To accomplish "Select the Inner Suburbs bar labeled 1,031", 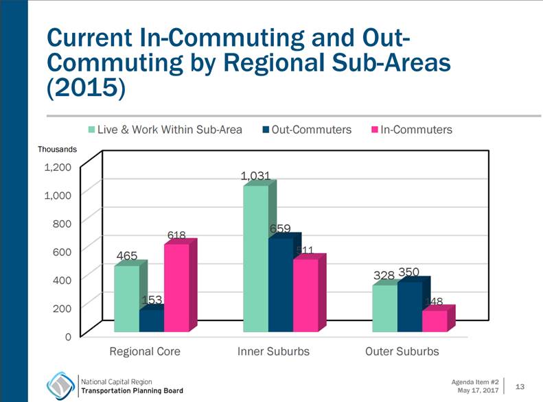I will coord(255,257).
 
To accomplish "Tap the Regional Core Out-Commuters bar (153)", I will coord(151,321).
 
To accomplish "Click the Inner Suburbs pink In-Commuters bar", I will coord(305,295).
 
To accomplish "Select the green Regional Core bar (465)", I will coord(126,298).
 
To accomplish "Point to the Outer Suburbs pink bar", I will coord(434,321).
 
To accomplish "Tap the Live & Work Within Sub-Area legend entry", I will coord(165,129).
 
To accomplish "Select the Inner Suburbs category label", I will coord(273,351).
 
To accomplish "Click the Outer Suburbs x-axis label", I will coord(402,351).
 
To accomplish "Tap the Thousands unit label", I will coord(58,149).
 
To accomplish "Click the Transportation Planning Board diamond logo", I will coord(60,386).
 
